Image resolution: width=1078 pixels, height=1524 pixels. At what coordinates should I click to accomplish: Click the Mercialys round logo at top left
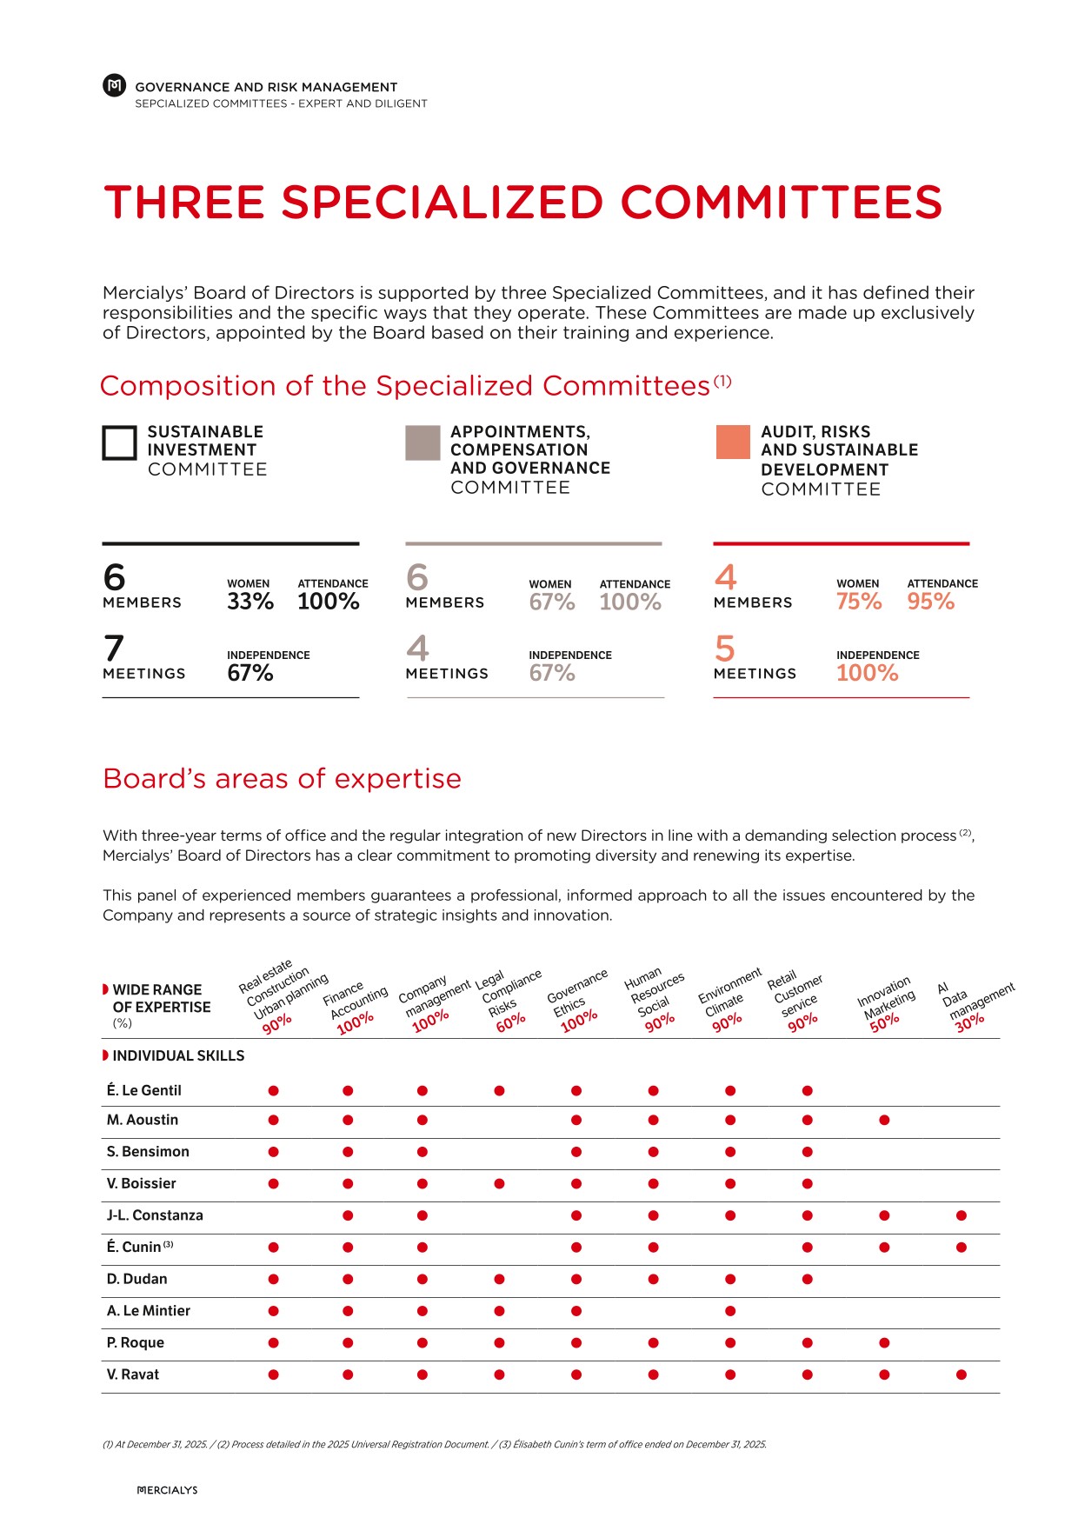tap(114, 85)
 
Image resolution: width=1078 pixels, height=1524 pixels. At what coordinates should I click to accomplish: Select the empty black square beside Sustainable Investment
tap(120, 443)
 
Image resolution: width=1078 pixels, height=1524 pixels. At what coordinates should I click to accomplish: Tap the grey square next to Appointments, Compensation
tap(423, 443)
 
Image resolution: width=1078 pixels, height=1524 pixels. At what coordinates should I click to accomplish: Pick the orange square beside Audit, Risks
tap(733, 442)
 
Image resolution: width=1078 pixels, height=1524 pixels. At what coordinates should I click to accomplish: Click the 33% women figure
tap(250, 602)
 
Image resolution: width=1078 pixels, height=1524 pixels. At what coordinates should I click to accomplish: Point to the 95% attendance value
tap(930, 602)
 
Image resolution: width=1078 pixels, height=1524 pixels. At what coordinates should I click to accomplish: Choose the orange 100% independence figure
tap(867, 673)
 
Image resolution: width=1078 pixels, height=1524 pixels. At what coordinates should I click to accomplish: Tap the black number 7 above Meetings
tap(114, 649)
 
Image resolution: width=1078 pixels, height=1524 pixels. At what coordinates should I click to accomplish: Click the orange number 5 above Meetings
tap(725, 649)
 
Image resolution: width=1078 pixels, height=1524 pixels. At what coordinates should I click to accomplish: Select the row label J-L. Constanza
tap(155, 1215)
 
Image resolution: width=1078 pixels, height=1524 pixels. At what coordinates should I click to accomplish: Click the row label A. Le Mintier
tap(148, 1311)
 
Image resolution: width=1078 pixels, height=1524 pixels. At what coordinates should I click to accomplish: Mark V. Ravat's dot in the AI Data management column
tap(961, 1374)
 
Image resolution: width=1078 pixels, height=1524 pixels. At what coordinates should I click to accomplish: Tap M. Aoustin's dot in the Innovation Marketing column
tap(884, 1120)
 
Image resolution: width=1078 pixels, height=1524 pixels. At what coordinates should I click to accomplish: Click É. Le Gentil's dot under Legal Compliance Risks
tap(499, 1090)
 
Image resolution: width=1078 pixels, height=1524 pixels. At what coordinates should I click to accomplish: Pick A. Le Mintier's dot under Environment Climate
tap(730, 1311)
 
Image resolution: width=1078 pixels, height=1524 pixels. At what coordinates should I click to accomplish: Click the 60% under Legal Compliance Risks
tap(510, 1022)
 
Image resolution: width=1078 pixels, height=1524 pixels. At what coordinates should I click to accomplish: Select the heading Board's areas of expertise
tap(282, 778)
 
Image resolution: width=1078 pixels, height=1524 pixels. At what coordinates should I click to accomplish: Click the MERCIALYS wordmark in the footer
tap(168, 1490)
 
